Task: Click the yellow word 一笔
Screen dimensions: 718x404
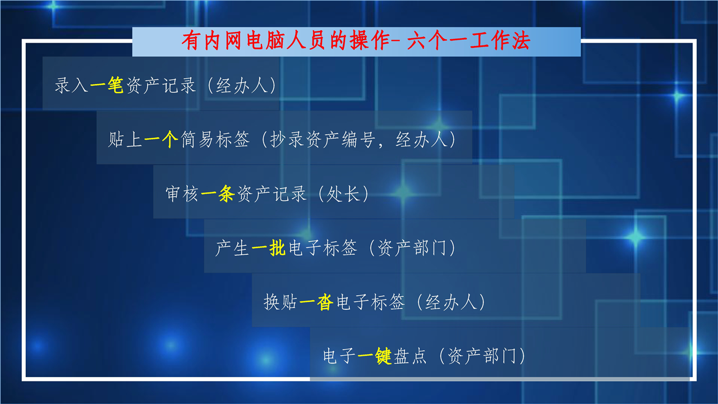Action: click(107, 85)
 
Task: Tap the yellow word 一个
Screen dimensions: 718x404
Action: click(161, 140)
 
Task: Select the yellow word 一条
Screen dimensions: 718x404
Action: click(218, 194)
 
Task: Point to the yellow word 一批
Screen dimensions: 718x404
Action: click(268, 248)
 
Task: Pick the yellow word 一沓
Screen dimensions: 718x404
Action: click(316, 302)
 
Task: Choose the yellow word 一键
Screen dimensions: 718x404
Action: click(374, 356)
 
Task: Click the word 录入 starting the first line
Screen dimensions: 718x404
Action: click(71, 85)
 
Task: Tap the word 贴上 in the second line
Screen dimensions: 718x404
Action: click(125, 140)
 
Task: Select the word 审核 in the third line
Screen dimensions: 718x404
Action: click(182, 194)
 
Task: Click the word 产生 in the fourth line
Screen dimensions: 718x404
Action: click(232, 248)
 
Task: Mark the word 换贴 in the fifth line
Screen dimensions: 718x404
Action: click(280, 302)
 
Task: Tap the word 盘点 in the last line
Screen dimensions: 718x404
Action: click(410, 356)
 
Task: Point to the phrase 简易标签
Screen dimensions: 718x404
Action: click(215, 140)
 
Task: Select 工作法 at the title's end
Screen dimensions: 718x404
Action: click(500, 41)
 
